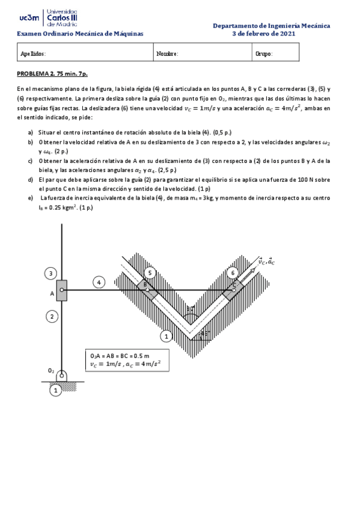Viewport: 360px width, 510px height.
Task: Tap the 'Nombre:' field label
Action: pyautogui.click(x=167, y=54)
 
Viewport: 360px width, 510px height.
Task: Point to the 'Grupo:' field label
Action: pyautogui.click(x=264, y=54)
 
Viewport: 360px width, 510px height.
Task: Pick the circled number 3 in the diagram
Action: pyautogui.click(x=52, y=274)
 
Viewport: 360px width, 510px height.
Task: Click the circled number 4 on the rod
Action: pyautogui.click(x=100, y=281)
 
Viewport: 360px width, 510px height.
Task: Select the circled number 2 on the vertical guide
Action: pyautogui.click(x=52, y=316)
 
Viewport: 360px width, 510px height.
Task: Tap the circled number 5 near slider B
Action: pyautogui.click(x=150, y=273)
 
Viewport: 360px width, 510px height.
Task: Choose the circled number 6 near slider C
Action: pyautogui.click(x=233, y=273)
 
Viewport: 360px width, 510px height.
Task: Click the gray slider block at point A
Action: pyautogui.click(x=62, y=290)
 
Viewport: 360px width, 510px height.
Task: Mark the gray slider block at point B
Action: pyautogui.click(x=147, y=290)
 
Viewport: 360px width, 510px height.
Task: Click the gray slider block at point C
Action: pyautogui.click(x=233, y=290)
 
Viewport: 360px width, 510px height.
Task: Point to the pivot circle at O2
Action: pyautogui.click(x=62, y=376)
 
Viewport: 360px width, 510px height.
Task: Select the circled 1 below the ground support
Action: pyautogui.click(x=55, y=391)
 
